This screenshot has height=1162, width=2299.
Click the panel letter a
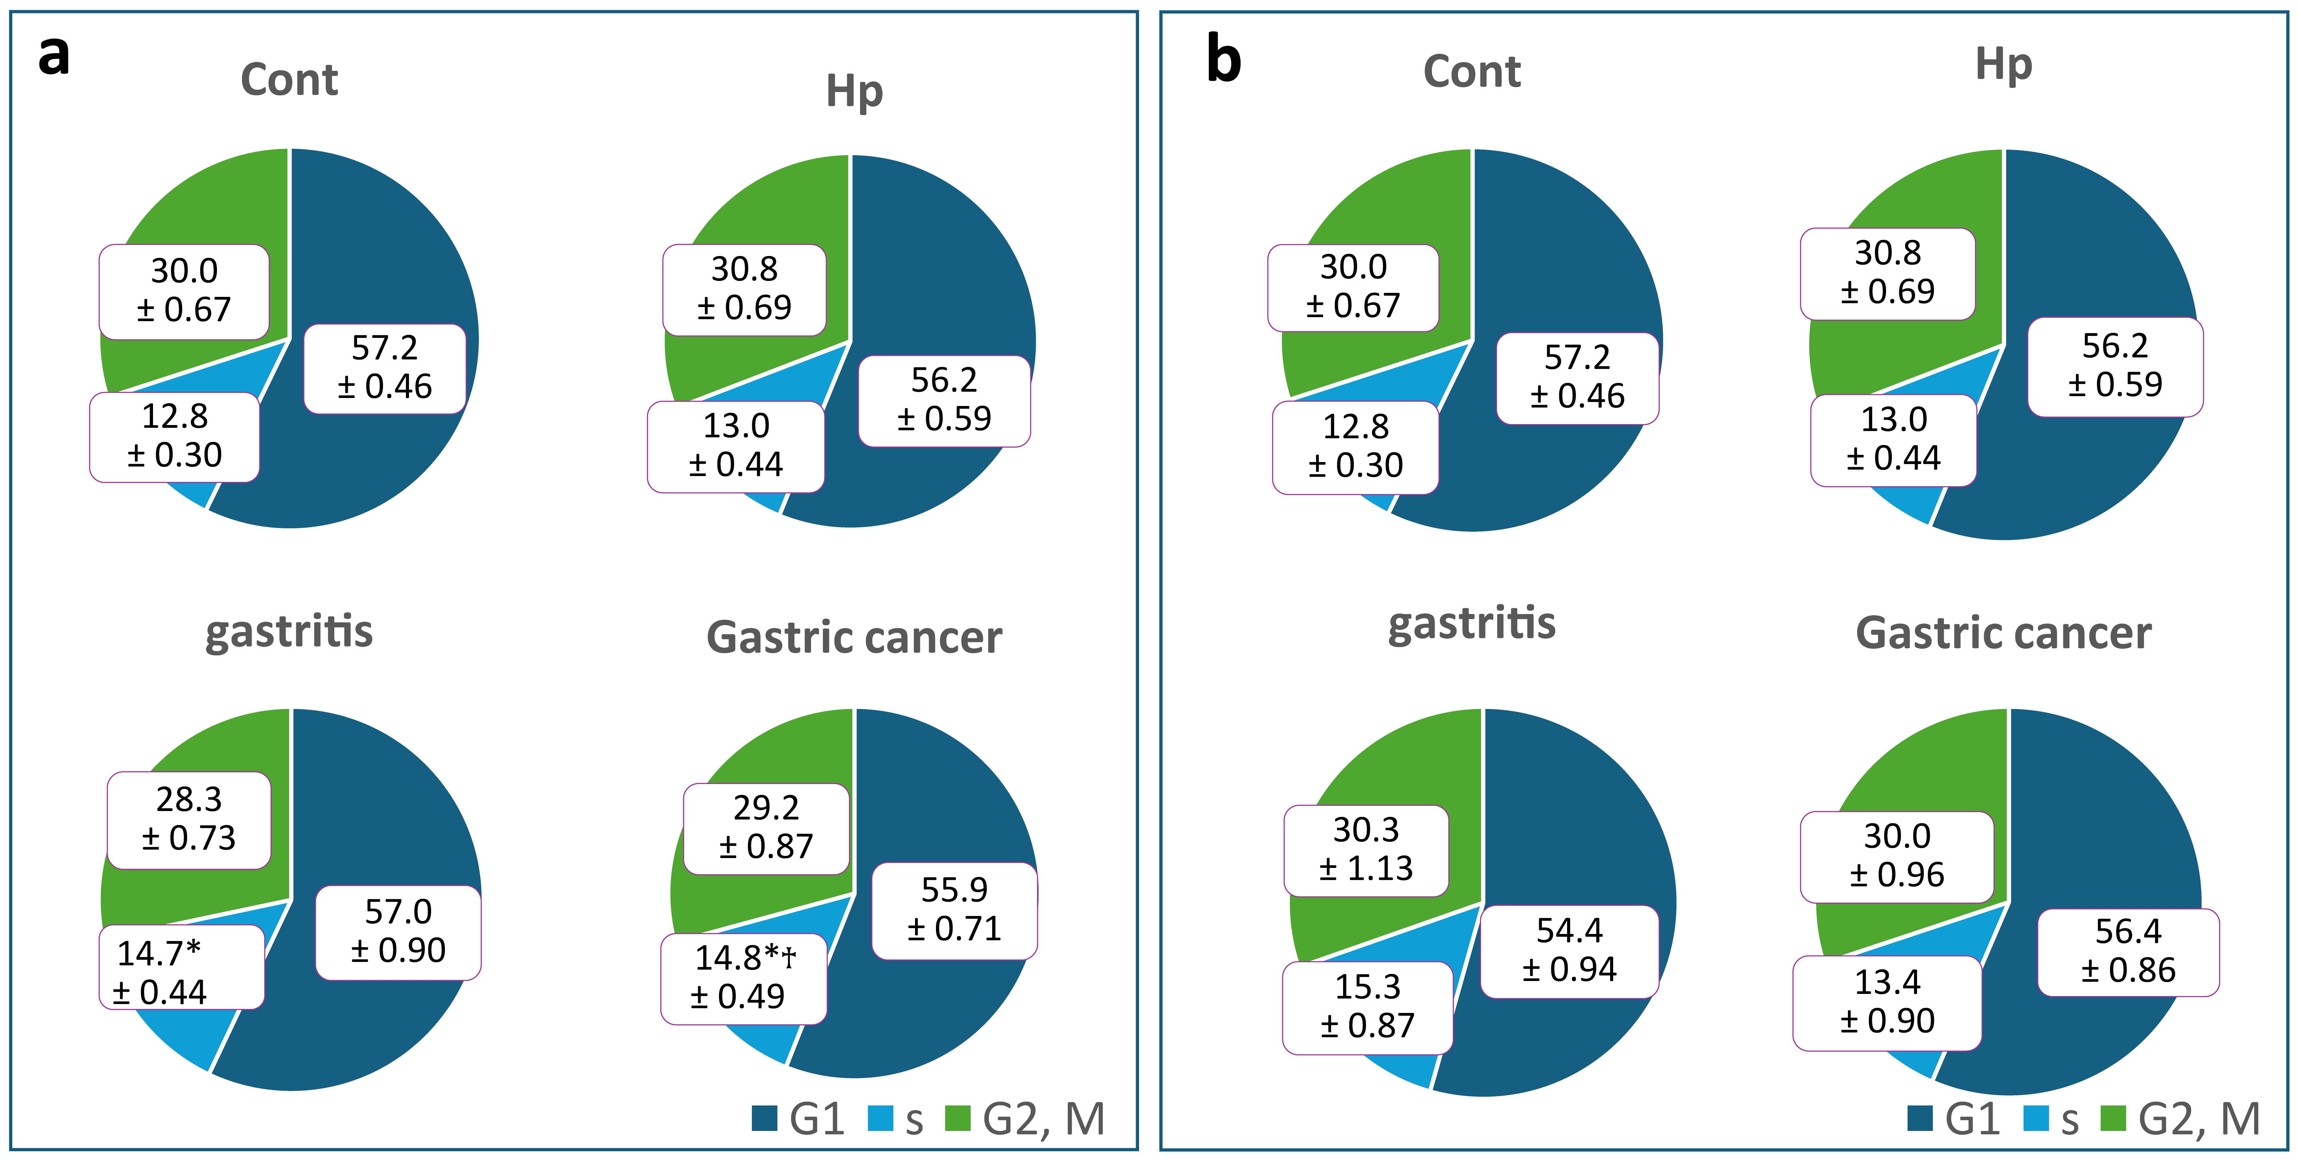pos(53,55)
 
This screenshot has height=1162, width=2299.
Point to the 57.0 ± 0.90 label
pos(398,932)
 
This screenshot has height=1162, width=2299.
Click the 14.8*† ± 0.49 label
pos(743,978)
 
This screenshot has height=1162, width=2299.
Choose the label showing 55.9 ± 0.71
pos(954,910)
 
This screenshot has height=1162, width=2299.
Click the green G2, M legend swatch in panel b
pos(2112,1118)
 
